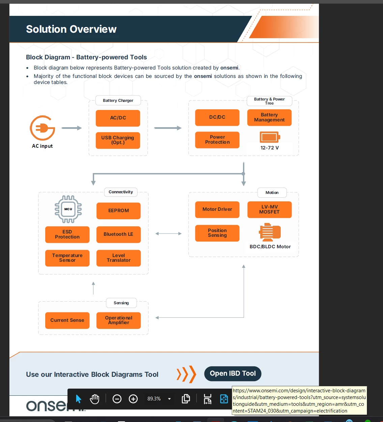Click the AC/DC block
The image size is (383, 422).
point(118,118)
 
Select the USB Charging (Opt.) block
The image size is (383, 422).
point(118,140)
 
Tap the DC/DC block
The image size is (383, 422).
point(217,117)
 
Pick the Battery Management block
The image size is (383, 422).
point(269,117)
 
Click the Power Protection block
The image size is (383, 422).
point(217,140)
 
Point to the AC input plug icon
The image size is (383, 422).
point(43,128)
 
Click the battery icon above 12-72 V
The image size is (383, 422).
point(270,137)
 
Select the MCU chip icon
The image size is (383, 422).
point(68,209)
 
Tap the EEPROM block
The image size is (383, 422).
point(118,210)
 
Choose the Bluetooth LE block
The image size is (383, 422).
point(118,234)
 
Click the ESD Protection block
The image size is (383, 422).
point(67,234)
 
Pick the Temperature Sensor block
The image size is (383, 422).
point(67,258)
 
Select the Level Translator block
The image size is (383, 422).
point(118,258)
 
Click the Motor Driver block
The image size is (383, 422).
point(217,209)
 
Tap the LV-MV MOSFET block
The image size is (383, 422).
point(269,209)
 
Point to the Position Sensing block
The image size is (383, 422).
point(217,233)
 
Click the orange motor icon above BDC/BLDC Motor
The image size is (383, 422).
point(270,232)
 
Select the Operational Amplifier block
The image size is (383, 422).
point(118,320)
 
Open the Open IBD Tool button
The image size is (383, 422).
point(233,373)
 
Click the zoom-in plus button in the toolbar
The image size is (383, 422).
point(133,399)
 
